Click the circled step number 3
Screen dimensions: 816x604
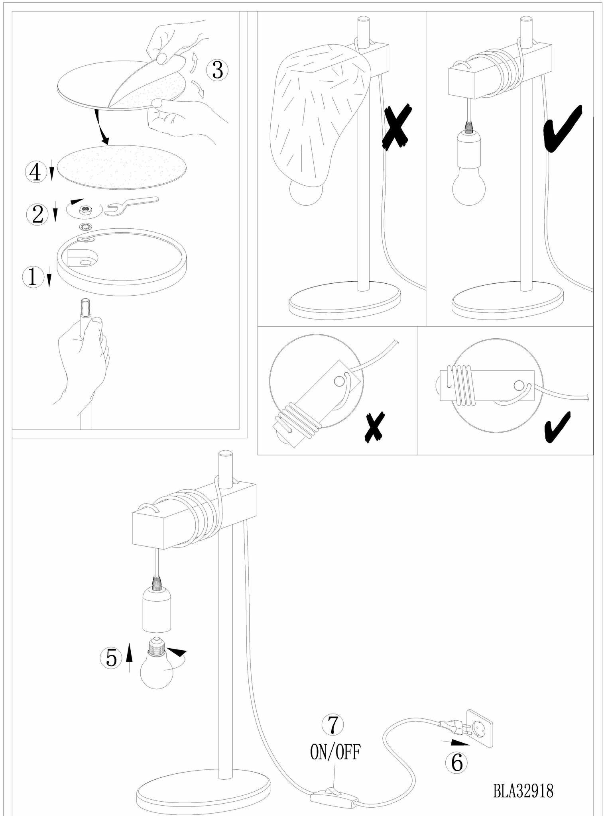[x=217, y=71]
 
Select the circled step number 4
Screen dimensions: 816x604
[x=35, y=173]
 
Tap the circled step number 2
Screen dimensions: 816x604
[x=37, y=214]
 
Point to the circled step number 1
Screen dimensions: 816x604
[x=33, y=277]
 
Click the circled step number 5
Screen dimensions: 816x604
[x=111, y=658]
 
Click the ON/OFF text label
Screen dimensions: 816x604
[x=335, y=752]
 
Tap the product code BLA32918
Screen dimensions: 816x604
[x=523, y=791]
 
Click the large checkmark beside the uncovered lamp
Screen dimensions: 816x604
[x=563, y=129]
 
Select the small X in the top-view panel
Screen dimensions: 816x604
[x=375, y=427]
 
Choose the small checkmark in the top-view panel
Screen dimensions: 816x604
[x=557, y=427]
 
